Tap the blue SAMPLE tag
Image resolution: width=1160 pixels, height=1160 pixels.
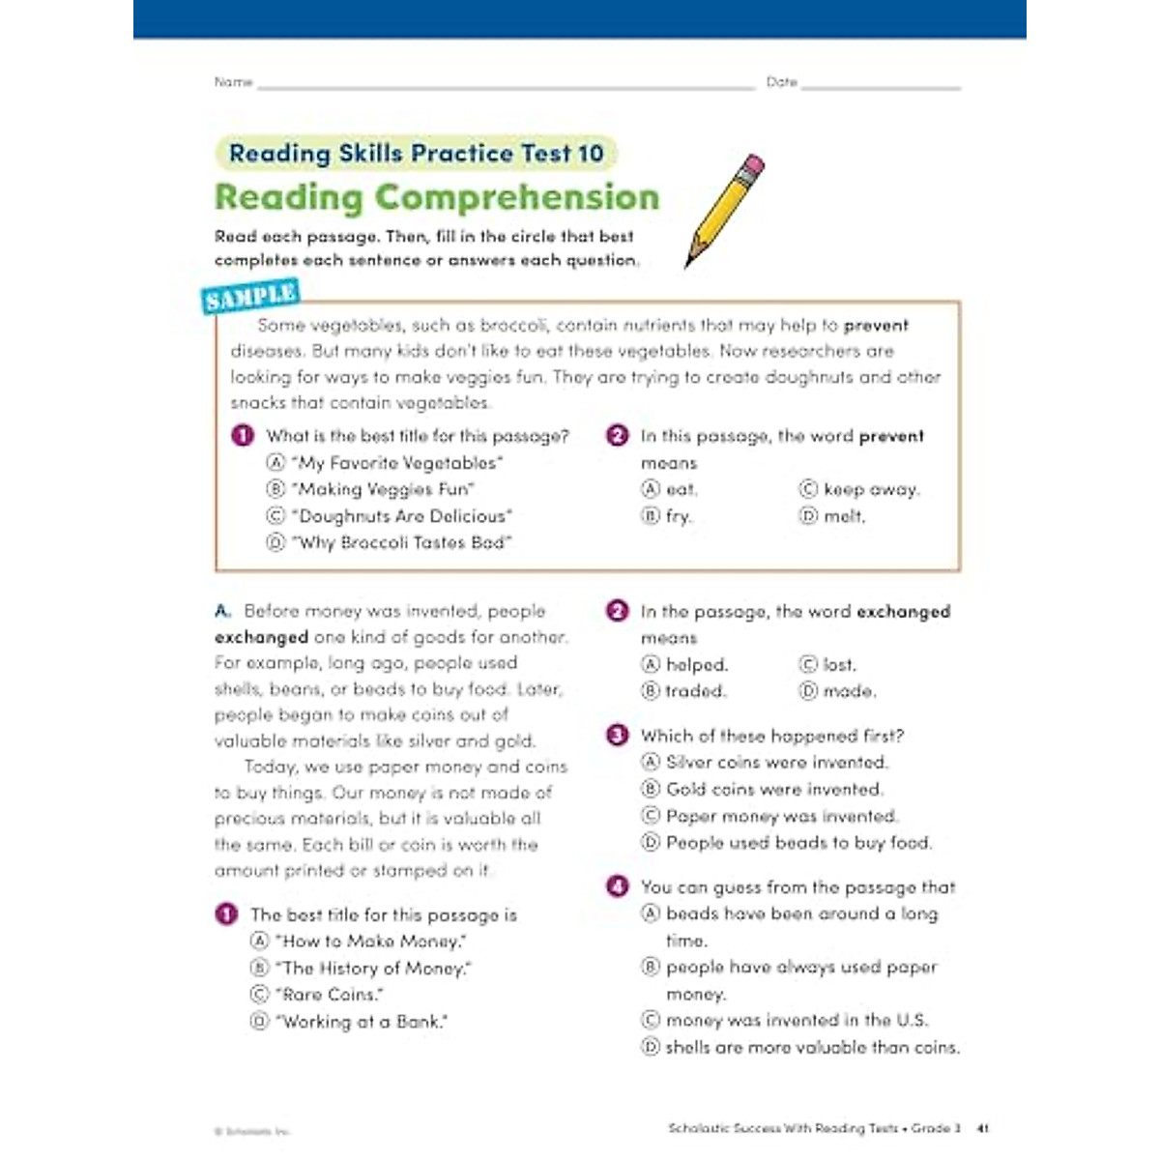[x=250, y=297]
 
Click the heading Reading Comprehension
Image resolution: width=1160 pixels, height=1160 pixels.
[x=437, y=197]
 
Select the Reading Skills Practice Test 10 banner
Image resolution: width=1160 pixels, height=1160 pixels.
[x=416, y=154]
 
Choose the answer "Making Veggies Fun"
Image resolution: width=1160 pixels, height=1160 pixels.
[x=384, y=489]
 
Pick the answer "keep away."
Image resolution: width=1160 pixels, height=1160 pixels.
[x=871, y=489]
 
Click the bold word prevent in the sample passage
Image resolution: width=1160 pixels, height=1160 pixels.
[x=876, y=326]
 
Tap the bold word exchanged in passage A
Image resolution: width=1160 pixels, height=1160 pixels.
[x=261, y=637]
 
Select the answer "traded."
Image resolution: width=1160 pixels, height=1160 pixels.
[x=696, y=691]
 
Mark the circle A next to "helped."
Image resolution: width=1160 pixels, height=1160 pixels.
[x=651, y=665]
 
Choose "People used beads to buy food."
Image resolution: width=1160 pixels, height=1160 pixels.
[x=798, y=843]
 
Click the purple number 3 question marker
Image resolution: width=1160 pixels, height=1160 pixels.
[x=617, y=736]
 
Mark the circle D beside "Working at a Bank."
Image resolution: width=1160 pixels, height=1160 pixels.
[x=259, y=1021]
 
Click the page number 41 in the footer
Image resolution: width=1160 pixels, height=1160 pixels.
[x=983, y=1128]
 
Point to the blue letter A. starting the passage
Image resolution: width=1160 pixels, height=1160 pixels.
[x=223, y=611]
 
